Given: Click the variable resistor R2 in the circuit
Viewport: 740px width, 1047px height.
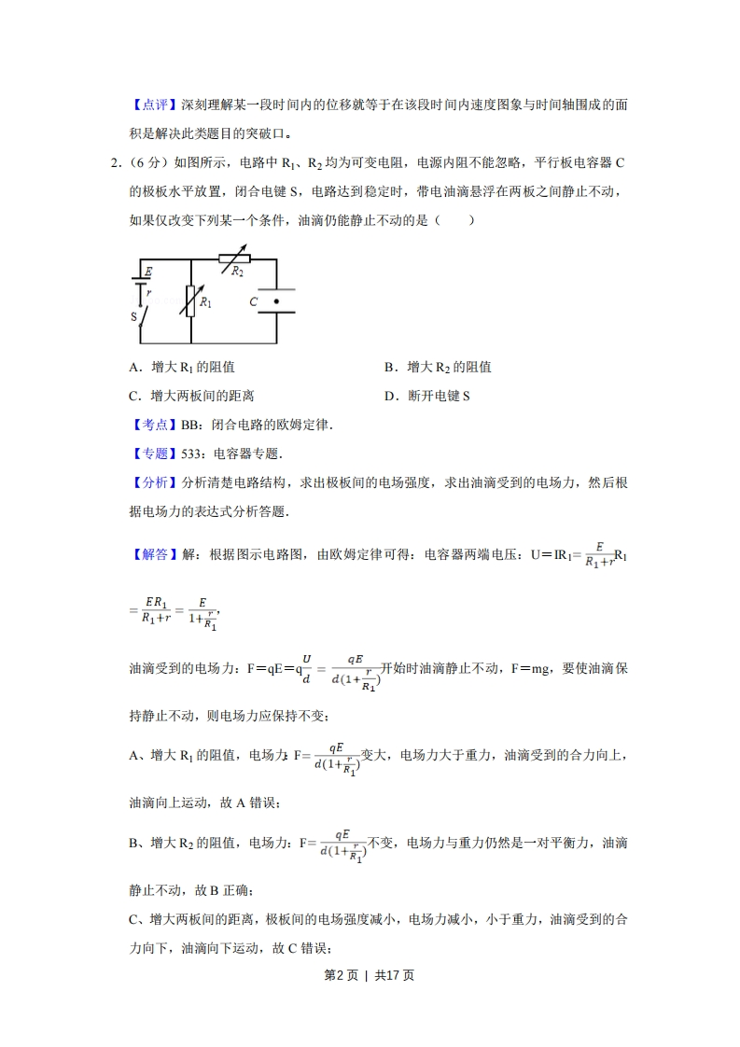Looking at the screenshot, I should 235,259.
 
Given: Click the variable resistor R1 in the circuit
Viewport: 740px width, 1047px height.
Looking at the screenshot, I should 190,300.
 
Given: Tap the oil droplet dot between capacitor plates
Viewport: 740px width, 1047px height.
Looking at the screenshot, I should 276,301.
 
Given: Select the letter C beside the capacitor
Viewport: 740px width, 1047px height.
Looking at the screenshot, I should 253,302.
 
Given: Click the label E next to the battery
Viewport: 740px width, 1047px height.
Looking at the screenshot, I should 149,271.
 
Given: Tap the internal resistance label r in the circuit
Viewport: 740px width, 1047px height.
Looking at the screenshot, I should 149,292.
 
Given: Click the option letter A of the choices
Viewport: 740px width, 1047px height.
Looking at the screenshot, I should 133,368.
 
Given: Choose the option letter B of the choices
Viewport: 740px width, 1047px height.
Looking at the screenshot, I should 389,368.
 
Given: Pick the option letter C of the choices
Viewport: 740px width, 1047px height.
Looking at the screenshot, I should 133,396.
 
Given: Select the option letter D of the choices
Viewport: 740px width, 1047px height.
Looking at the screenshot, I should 389,396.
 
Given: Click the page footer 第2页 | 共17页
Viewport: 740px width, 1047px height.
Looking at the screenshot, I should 370,975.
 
